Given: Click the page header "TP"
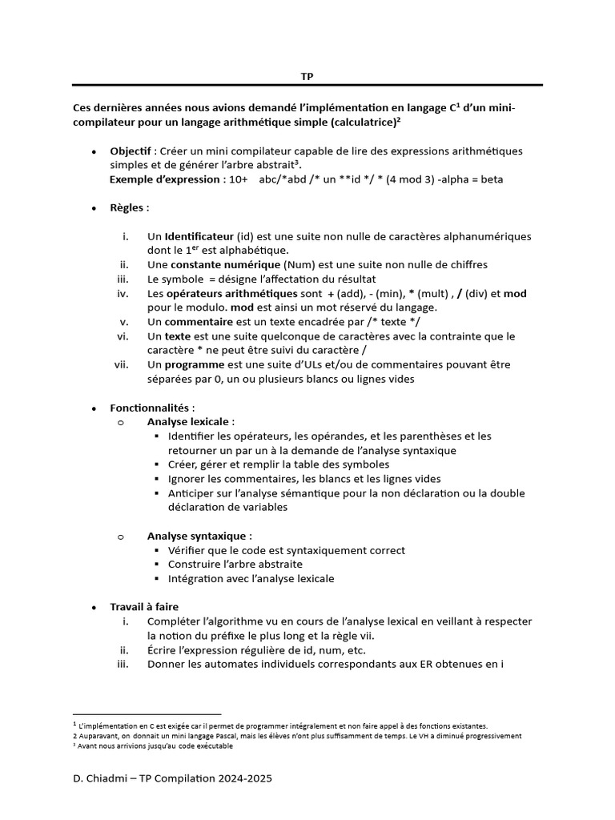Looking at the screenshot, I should point(307,76).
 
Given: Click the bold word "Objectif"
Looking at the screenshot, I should point(131,151).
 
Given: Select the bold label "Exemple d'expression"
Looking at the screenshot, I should point(165,179).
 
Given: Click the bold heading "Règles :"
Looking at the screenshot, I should point(129,207).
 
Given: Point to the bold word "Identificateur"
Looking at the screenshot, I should point(200,237).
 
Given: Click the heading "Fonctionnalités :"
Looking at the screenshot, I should point(152,408).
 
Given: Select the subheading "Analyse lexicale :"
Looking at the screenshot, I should point(191,421).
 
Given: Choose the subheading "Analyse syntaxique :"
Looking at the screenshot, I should point(199,536).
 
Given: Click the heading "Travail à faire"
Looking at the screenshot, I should point(144,607).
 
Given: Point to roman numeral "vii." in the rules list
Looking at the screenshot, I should point(121,364).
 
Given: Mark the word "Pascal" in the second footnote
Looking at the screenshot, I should point(211,735).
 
